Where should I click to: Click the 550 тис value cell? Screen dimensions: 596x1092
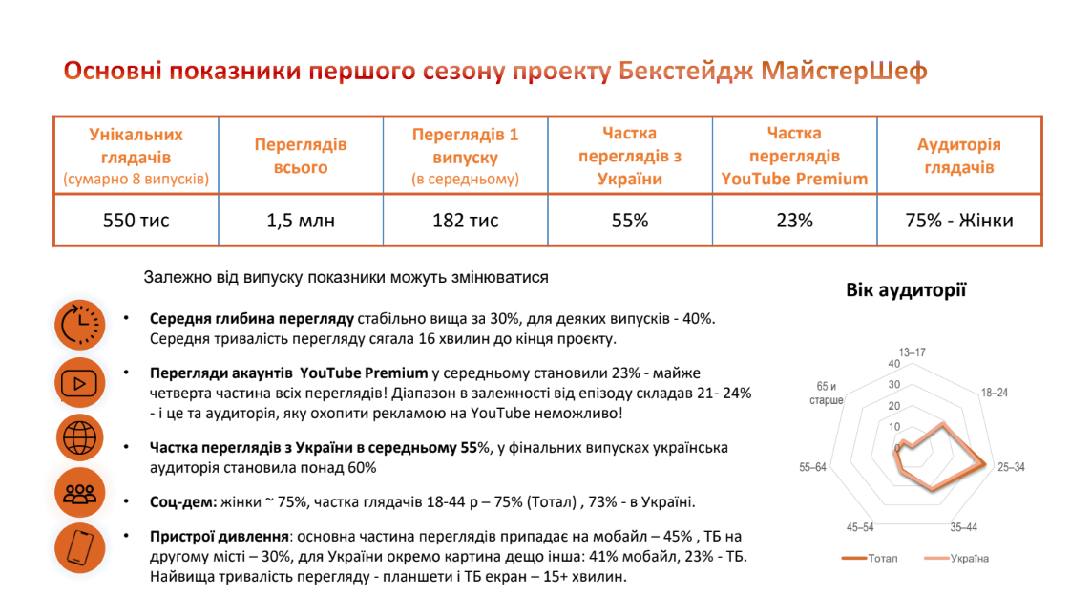point(136,221)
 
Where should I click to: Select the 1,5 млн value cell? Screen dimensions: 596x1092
point(301,221)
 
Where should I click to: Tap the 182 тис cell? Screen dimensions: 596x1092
point(465,221)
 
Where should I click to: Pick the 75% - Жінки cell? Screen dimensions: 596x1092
point(958,221)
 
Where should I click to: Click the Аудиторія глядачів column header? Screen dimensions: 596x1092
point(958,156)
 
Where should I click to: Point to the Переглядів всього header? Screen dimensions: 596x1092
point(301,156)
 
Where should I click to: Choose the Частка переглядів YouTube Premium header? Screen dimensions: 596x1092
point(794,156)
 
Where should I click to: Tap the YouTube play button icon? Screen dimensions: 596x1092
point(80,383)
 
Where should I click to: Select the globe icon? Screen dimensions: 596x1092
point(80,437)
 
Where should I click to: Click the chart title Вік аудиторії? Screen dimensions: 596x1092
point(906,290)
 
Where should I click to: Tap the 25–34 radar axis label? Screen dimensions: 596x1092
point(1012,467)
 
